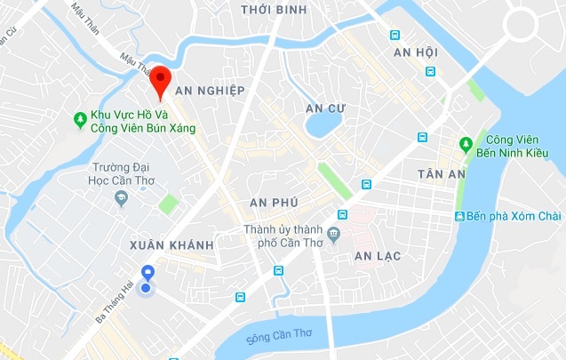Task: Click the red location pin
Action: tap(160, 80)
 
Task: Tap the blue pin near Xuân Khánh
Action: tap(147, 273)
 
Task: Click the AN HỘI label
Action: tap(415, 52)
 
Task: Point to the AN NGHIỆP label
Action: tap(209, 92)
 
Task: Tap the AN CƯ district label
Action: tap(324, 108)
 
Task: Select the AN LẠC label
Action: tap(378, 256)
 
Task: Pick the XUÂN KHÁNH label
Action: tap(171, 244)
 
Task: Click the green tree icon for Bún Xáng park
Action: tap(82, 116)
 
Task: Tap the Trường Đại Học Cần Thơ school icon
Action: tap(122, 197)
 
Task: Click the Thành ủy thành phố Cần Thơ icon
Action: tap(333, 235)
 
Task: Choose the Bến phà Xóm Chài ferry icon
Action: tap(458, 217)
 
